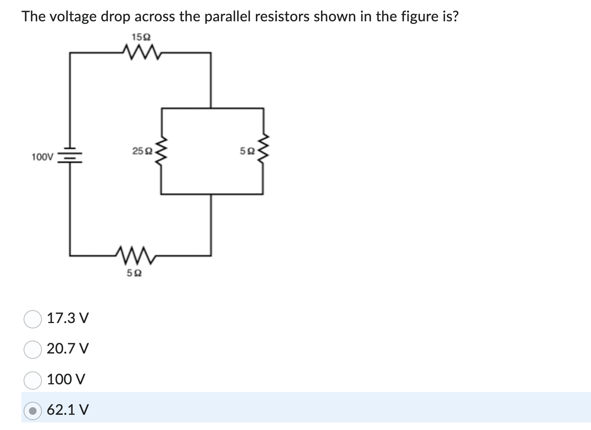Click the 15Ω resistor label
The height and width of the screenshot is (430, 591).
141,37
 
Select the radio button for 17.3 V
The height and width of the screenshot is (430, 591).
33,319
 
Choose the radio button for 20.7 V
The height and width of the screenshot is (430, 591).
33,349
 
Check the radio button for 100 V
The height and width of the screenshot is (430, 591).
33,380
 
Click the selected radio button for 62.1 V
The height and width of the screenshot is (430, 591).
33,411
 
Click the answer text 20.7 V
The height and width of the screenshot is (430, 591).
68,349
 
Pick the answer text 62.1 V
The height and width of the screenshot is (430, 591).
68,410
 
